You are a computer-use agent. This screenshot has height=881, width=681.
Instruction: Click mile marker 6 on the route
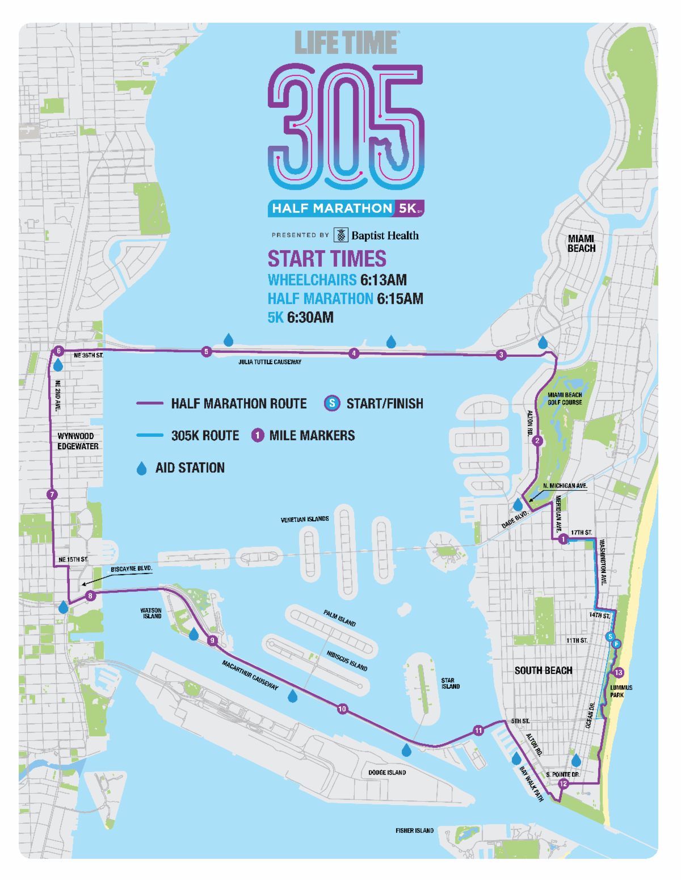pos(58,351)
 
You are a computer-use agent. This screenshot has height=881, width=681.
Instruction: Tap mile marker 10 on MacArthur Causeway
pos(342,709)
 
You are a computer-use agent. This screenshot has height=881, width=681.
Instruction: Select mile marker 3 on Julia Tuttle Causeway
pos(501,355)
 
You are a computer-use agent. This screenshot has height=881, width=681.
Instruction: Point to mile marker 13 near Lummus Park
pos(619,673)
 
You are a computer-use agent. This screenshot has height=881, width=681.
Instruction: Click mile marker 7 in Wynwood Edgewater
pos(52,495)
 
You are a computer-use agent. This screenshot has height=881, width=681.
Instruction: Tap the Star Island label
pos(451,684)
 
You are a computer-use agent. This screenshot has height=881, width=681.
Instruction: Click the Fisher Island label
pos(414,831)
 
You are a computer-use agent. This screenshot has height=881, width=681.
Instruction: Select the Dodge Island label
pos(387,773)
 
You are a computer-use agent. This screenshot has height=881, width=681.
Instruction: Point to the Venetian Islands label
pos(305,519)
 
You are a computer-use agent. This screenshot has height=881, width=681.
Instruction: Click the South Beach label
pos(543,671)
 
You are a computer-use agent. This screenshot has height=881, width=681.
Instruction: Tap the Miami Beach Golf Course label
pos(565,399)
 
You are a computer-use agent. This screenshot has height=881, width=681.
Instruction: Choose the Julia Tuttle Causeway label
pos(270,362)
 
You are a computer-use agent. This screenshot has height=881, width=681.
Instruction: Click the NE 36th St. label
pos(89,356)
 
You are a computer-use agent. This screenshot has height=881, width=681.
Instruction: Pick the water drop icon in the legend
pos(142,468)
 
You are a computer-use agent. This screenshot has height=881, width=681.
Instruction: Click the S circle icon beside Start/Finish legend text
pos(331,403)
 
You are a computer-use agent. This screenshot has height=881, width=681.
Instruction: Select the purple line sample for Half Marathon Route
pos(150,403)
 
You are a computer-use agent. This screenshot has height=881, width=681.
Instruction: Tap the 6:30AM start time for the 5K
pos(310,318)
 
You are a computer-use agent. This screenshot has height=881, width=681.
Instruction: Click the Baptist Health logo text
pos(384,235)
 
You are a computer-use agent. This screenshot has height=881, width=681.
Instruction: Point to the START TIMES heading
pos(327,259)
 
